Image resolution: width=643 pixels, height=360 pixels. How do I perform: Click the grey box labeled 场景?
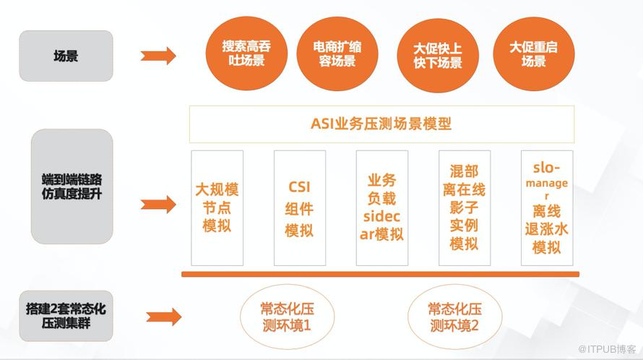[x=66, y=56]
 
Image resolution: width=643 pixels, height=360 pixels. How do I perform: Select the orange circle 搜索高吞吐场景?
[x=246, y=53]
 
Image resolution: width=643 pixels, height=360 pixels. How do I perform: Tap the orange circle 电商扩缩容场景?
[x=337, y=54]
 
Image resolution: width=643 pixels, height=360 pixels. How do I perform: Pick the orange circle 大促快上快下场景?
[x=438, y=56]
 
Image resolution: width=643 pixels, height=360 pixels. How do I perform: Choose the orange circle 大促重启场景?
[x=533, y=54]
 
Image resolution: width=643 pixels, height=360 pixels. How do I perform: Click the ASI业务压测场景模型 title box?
[x=381, y=124]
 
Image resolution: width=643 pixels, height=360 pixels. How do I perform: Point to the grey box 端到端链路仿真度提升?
[x=72, y=187]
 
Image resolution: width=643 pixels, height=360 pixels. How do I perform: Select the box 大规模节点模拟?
[x=217, y=207]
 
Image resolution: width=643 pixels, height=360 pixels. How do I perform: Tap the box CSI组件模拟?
[x=299, y=207]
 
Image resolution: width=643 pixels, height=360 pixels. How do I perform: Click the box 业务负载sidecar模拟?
[x=381, y=207]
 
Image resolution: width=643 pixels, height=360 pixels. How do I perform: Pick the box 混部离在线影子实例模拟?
[x=465, y=207]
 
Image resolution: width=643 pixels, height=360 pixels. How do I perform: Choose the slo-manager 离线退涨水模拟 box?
[x=547, y=207]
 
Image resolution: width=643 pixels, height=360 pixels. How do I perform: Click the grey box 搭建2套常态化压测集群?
[x=66, y=316]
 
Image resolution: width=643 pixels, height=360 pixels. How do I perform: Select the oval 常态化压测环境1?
[x=287, y=317]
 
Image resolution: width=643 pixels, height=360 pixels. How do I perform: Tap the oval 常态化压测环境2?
[x=454, y=317]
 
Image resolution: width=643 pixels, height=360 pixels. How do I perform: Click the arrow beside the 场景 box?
[x=158, y=56]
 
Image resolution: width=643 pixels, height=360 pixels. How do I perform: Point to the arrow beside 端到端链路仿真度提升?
[x=158, y=204]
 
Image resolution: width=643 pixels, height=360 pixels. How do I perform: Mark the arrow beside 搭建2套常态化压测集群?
[x=164, y=317]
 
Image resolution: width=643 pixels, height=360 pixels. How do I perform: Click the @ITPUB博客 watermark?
[x=608, y=349]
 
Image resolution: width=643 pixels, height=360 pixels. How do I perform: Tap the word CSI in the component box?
[x=299, y=187]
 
